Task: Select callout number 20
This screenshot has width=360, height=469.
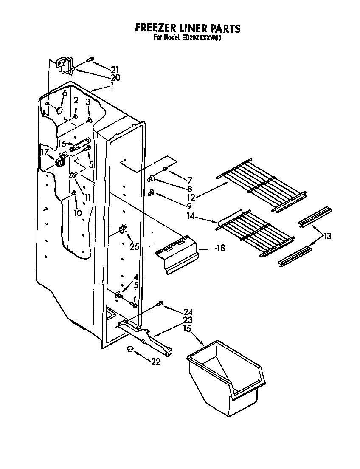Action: click(x=115, y=78)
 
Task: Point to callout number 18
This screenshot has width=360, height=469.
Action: click(x=220, y=248)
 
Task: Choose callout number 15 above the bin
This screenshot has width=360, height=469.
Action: click(x=187, y=329)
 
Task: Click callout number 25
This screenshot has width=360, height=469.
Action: click(x=134, y=246)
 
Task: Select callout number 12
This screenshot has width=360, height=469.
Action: click(x=191, y=198)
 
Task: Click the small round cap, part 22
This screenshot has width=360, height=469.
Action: click(x=129, y=350)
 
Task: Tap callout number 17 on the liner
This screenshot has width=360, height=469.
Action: click(x=44, y=152)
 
